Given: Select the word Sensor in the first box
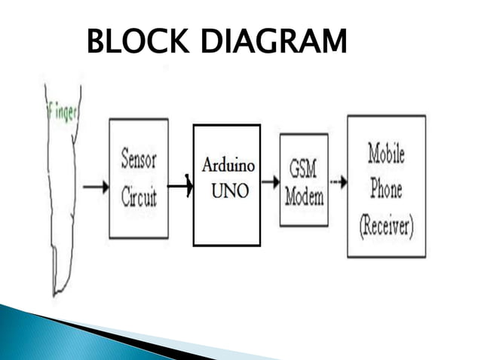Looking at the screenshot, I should point(139,160).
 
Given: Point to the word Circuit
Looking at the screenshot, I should point(139,197).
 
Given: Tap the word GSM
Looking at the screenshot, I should point(304,168).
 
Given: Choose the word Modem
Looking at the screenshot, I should point(304,197).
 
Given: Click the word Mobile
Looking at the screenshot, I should point(386,154).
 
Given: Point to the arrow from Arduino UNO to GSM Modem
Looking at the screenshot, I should point(269,182).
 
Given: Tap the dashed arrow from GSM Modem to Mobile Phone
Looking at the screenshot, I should point(337,182).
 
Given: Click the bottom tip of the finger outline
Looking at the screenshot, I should point(55,293).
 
